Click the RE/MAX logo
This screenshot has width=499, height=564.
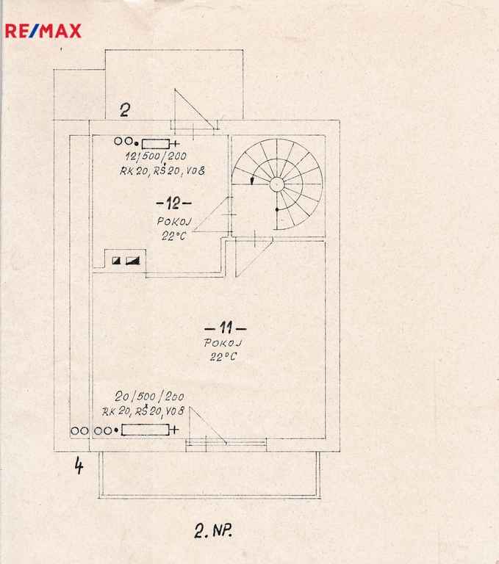coord(43,31)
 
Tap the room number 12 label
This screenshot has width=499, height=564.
coord(173,203)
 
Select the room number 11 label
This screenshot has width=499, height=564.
coord(226,328)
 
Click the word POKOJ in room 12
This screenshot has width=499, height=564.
coord(174,221)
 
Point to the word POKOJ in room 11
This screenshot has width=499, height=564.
coord(223,343)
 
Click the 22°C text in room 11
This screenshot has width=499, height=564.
coord(223,356)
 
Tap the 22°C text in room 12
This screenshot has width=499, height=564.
coord(174,236)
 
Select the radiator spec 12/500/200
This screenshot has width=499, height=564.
coord(156,156)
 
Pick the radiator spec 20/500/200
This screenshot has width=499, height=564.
coord(149,397)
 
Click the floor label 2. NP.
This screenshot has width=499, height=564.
coord(213,530)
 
